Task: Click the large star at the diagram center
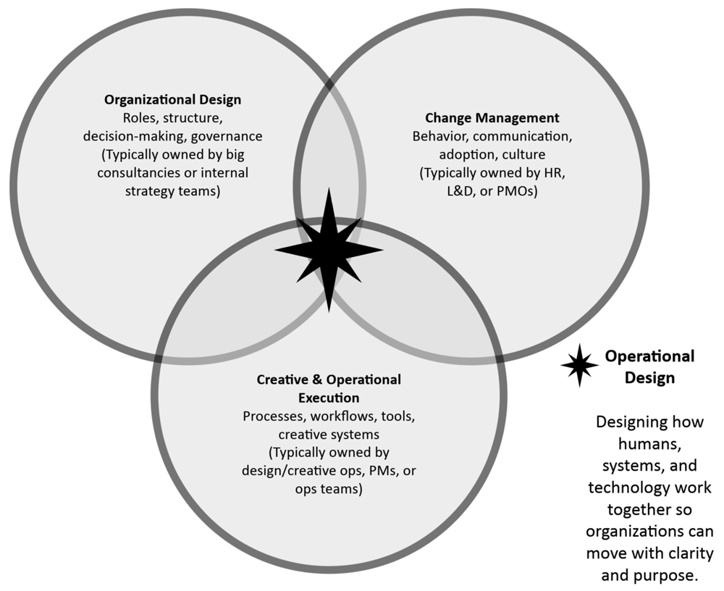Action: [x=329, y=250]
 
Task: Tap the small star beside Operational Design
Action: [x=579, y=366]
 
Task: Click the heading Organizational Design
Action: [x=173, y=99]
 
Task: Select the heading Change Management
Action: [x=492, y=117]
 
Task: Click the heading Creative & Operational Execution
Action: [x=329, y=389]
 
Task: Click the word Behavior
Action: [x=439, y=136]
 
